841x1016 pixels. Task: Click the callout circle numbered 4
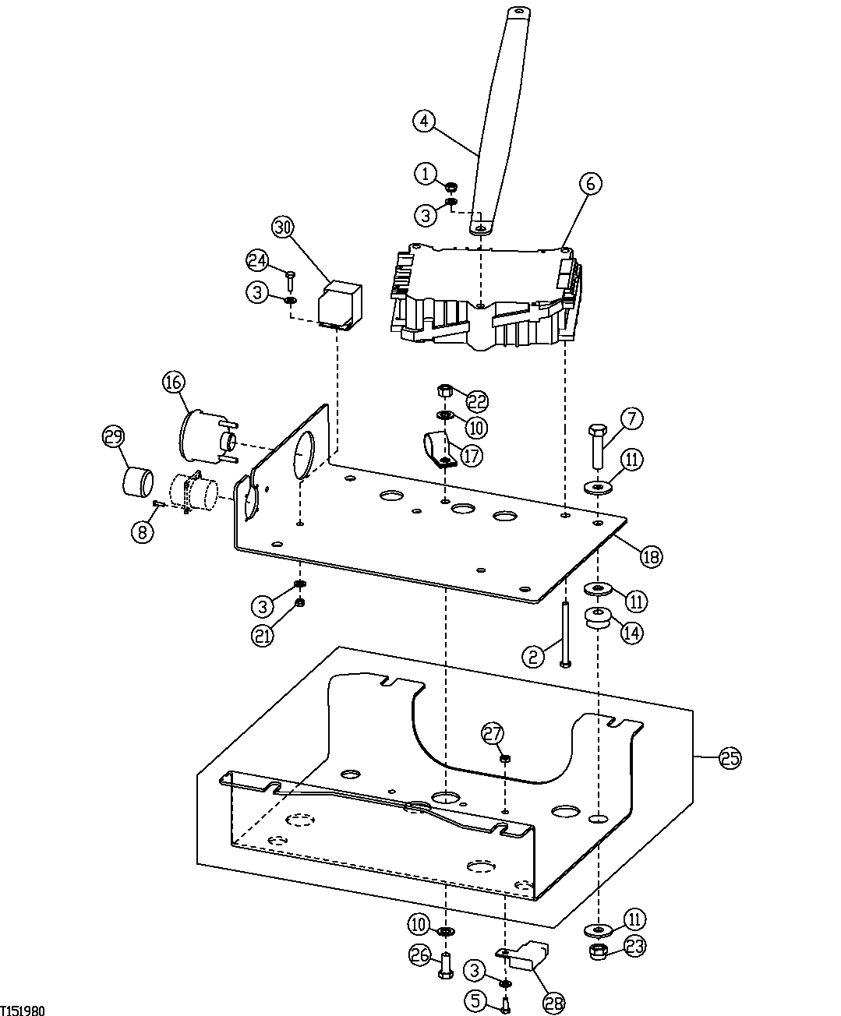tap(423, 121)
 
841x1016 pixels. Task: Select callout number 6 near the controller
tap(590, 184)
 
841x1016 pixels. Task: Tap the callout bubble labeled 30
tap(283, 228)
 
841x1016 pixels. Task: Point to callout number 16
tap(174, 382)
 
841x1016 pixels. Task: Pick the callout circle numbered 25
tap(730, 758)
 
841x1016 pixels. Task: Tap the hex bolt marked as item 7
tap(597, 446)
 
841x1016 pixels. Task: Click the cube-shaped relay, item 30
tap(341, 304)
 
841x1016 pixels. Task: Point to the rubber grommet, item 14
tap(598, 619)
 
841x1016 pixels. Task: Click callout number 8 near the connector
tap(142, 533)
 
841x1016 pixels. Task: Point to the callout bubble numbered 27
tap(493, 733)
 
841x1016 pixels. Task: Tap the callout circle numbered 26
tap(420, 954)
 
